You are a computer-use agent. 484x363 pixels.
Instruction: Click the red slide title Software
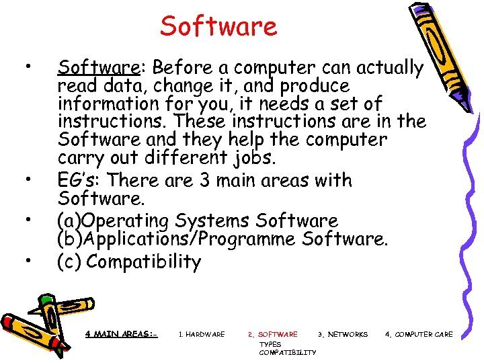[218, 27]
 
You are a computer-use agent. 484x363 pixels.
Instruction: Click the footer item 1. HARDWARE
[202, 334]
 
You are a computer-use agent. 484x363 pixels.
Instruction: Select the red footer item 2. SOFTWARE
[272, 334]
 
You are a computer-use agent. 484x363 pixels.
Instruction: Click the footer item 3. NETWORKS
[343, 334]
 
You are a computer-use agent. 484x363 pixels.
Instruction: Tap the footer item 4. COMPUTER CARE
[419, 334]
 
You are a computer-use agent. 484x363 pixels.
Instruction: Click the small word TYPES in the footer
[270, 344]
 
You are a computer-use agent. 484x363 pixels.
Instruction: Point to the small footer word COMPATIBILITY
[287, 352]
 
